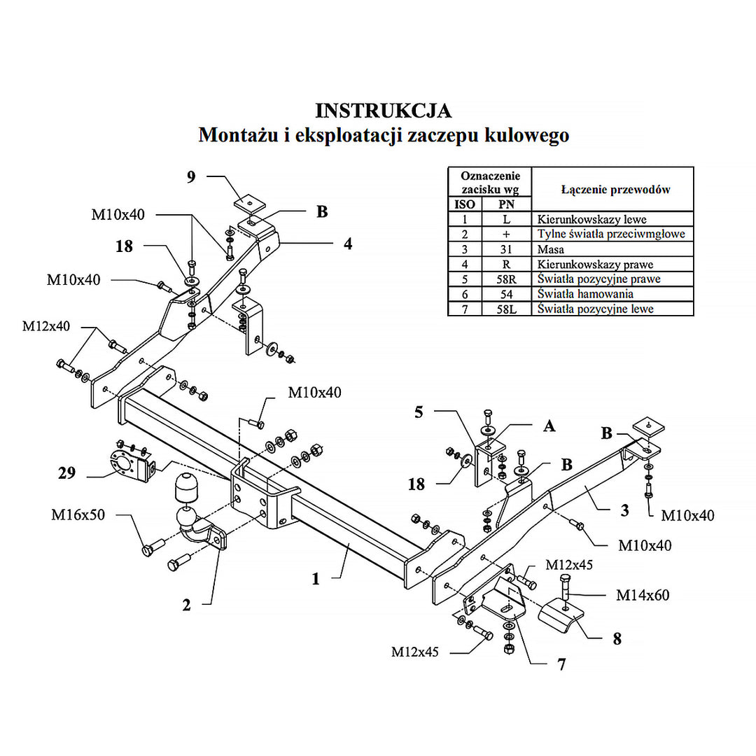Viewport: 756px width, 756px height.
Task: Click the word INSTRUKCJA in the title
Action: (383, 111)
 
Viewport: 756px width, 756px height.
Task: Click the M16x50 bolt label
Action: (78, 515)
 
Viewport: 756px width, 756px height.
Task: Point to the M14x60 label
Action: (643, 596)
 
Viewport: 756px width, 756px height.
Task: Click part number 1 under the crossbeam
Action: (316, 578)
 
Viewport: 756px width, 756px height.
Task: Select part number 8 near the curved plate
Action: (616, 638)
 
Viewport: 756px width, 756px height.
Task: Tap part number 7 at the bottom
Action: (561, 664)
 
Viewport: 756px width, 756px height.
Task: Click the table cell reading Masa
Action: (551, 249)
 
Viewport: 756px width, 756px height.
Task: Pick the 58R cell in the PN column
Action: (507, 279)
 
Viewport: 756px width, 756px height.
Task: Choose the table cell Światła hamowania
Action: (585, 294)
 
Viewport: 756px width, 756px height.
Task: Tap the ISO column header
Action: (465, 204)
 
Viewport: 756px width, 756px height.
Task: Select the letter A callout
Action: (549, 425)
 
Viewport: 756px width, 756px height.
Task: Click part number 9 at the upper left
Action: (191, 177)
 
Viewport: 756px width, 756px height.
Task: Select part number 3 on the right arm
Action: (624, 510)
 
